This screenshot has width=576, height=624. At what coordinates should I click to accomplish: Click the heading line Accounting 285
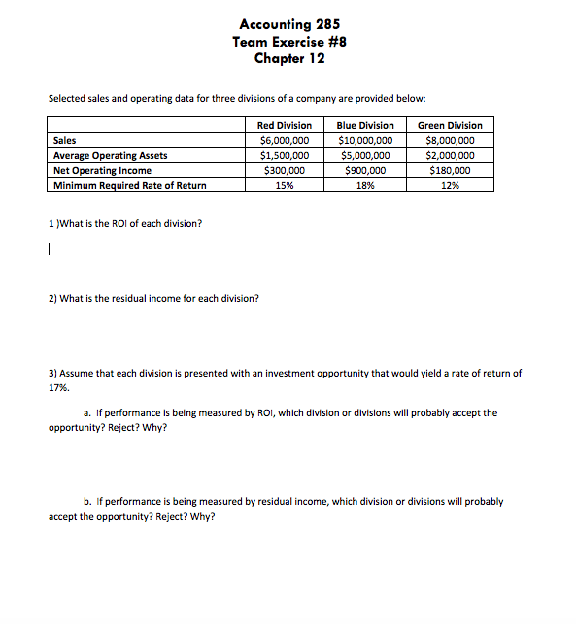pos(288,24)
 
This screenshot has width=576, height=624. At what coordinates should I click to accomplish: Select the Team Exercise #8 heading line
pos(288,41)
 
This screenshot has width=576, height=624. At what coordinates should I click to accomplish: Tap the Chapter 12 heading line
pos(288,58)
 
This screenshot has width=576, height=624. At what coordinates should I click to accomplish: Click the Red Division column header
pos(285,125)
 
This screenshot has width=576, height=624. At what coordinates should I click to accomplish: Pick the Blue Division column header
pos(365,125)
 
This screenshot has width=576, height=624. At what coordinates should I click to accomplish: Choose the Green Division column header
pos(450,125)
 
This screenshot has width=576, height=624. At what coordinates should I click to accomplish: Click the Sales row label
pos(65,141)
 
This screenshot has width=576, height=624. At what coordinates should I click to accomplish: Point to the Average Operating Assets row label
pos(110,155)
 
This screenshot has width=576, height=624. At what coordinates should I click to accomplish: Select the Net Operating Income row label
pos(102,170)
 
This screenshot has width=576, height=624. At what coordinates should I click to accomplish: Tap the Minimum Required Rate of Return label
pos(129,185)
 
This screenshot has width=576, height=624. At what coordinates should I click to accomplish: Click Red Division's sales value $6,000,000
pos(285,141)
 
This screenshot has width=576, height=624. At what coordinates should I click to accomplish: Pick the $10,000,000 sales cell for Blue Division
pos(365,141)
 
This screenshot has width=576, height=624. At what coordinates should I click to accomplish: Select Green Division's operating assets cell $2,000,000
pos(450,155)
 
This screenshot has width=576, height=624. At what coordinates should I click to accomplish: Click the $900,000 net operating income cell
pos(365,170)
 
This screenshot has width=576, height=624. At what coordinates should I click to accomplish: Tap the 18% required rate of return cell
pos(365,185)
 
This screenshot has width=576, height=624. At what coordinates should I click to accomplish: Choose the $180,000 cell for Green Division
pos(450,170)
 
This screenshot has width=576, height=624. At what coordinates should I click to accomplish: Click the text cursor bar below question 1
pos(50,249)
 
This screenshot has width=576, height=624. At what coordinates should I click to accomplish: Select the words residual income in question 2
pos(146,298)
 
